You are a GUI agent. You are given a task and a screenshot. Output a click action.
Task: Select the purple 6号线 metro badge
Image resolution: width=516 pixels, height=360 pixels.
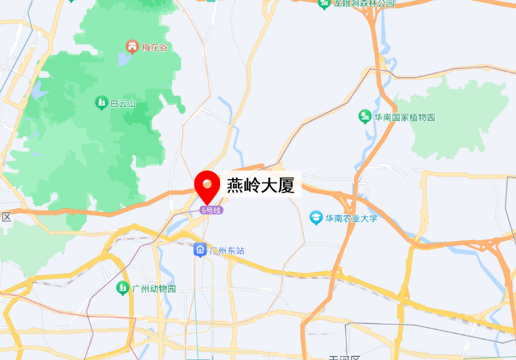click(x=212, y=210)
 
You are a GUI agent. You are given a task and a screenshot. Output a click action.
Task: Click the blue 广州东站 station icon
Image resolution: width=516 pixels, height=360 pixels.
click(x=200, y=250)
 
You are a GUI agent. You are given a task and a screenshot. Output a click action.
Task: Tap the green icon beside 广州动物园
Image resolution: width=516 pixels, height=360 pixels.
click(x=122, y=288)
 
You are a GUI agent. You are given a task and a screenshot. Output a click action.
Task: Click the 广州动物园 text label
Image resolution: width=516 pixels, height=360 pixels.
click(x=154, y=288)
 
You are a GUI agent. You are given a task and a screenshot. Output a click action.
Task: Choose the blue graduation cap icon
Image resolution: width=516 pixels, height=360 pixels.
click(x=317, y=217)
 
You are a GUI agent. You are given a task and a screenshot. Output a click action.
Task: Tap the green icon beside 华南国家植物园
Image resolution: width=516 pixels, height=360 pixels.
click(x=364, y=117)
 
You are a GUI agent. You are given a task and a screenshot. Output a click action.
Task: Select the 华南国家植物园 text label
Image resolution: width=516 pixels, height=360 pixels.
click(x=405, y=118)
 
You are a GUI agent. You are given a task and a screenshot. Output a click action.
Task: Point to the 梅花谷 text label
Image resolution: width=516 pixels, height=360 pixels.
click(x=156, y=47)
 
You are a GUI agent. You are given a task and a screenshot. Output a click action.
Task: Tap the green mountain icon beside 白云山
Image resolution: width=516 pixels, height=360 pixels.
click(x=101, y=102)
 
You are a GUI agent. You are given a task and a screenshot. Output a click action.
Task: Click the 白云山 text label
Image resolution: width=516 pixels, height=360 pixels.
click(x=123, y=102)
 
